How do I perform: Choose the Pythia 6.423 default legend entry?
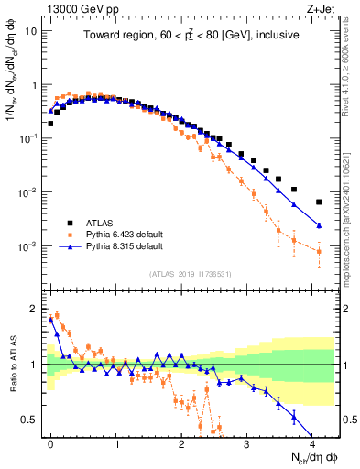pos(118,234)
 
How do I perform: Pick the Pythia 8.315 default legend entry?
pos(118,246)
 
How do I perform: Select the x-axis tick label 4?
pos(312,442)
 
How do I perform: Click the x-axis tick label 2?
pos(181,442)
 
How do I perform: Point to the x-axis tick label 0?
pos(50,442)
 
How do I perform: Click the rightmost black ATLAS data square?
pos(319,202)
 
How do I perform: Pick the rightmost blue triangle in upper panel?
pos(319,225)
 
